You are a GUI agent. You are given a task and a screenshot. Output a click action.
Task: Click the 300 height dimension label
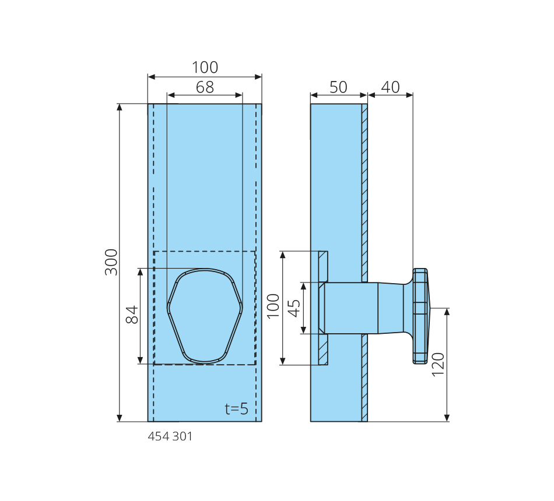pyautogui.click(x=111, y=262)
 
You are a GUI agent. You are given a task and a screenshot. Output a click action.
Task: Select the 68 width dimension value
pyautogui.click(x=205, y=87)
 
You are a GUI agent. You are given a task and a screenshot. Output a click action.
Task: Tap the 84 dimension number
pyautogui.click(x=132, y=315)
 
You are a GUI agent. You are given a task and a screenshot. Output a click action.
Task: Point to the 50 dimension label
pyautogui.click(x=338, y=87)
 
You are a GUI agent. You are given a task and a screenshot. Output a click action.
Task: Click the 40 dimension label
pyautogui.click(x=390, y=87)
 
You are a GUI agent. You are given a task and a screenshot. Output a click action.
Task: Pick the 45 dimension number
pyautogui.click(x=294, y=308)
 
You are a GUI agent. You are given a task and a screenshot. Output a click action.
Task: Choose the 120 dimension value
pyautogui.click(x=438, y=364)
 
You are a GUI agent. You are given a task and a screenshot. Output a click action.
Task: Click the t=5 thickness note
pyautogui.click(x=236, y=408)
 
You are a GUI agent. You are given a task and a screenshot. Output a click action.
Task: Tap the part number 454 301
pyautogui.click(x=170, y=436)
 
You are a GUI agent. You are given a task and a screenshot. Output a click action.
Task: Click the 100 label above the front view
pyautogui.click(x=205, y=67)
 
